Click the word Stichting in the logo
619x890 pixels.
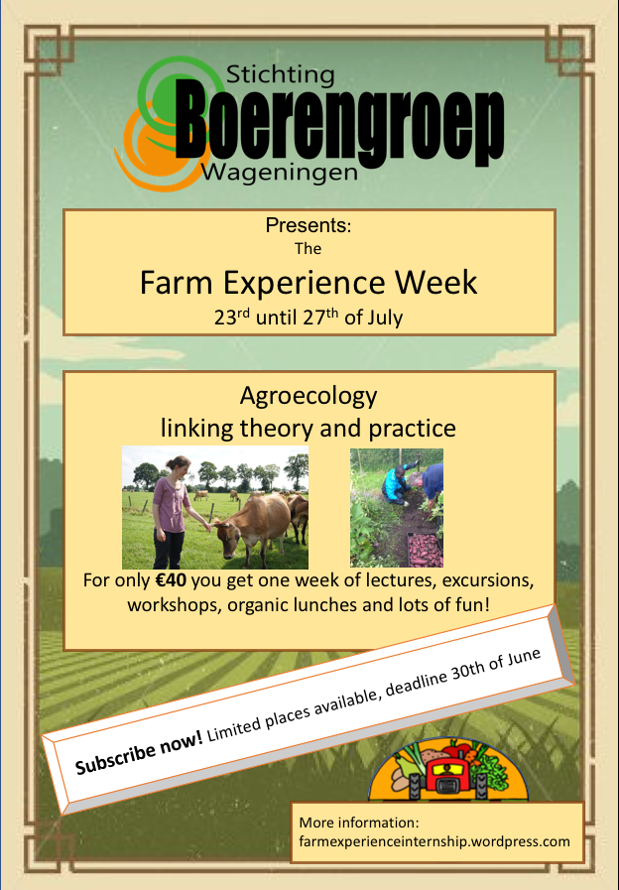pos(281,76)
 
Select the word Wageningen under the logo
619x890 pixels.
pos(280,173)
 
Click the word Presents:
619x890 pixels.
pos(309,226)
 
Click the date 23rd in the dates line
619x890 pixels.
pos(232,317)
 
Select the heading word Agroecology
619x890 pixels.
pos(309,396)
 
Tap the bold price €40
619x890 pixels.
pos(171,580)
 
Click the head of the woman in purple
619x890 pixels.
pos(178,465)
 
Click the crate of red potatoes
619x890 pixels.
pos(425,550)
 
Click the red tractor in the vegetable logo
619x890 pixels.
pos(448,778)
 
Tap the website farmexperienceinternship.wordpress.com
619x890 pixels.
pos(434,841)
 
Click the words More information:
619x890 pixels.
pos(359,823)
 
